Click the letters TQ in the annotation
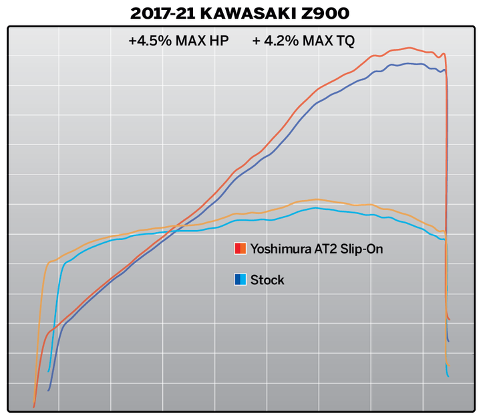(345, 41)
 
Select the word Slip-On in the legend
(360, 249)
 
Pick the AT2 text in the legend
(323, 249)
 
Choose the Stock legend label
(267, 280)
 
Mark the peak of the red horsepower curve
(410, 47)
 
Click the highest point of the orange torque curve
(317, 199)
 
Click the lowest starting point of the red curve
(33, 406)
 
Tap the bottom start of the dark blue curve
(49, 390)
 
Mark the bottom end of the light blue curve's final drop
(448, 377)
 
